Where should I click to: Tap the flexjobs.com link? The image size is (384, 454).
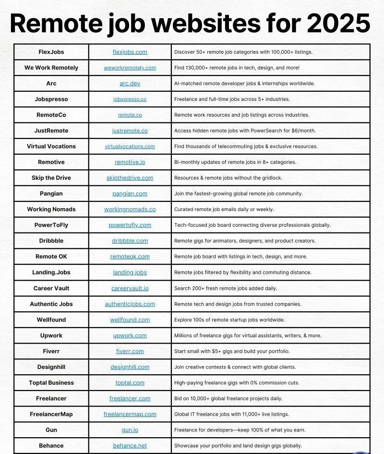(x=130, y=52)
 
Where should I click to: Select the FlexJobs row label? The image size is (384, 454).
(x=51, y=52)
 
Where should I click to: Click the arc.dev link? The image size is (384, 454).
(x=130, y=84)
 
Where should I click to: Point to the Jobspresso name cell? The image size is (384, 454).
(x=51, y=99)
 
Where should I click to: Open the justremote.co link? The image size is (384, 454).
(x=130, y=131)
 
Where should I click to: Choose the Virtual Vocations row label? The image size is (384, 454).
(x=51, y=147)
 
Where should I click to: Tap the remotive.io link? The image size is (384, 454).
(x=130, y=162)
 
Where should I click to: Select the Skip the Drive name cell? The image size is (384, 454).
(x=51, y=178)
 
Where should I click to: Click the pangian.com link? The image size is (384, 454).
(x=130, y=194)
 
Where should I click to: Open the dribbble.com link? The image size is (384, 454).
(x=130, y=241)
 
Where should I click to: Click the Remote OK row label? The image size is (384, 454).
(x=51, y=257)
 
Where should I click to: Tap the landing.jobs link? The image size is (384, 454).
(x=130, y=272)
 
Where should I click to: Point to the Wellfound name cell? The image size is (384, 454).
(x=51, y=320)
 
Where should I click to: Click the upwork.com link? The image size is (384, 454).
(x=130, y=336)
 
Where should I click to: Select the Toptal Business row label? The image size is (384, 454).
(x=51, y=383)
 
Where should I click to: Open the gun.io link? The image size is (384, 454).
(x=130, y=430)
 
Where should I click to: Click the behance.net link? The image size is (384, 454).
(x=130, y=446)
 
